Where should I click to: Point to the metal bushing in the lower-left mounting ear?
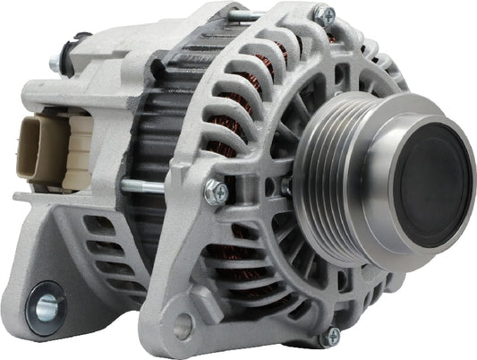click(46, 305)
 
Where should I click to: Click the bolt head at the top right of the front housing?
click(323, 15)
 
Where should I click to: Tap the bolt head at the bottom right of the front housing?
click(332, 336)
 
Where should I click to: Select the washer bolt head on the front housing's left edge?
click(216, 191)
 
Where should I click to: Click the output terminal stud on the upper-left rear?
click(56, 64)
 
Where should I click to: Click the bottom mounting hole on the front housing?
click(184, 328)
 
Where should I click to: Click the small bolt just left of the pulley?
click(286, 185)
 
